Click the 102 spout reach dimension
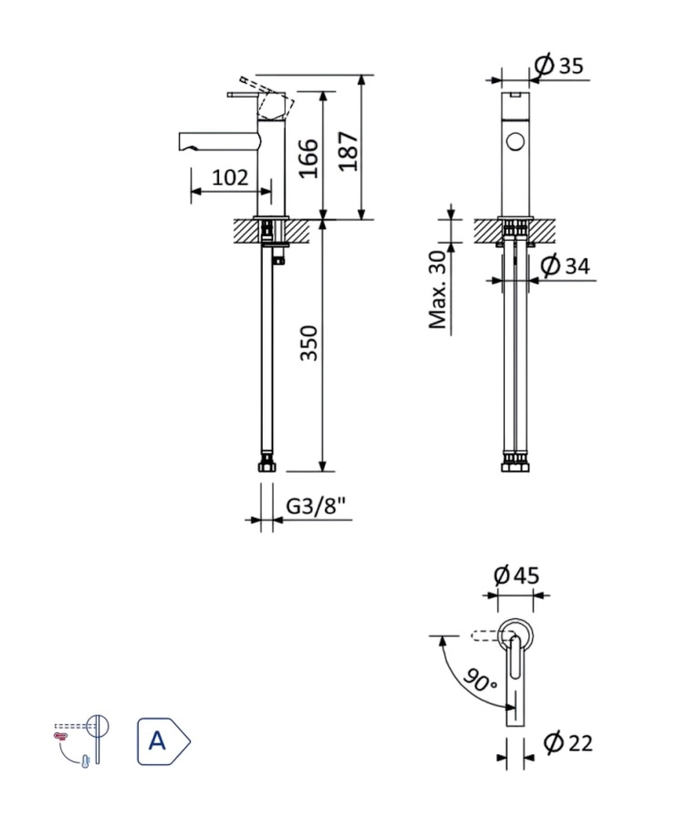(230, 177)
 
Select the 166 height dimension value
(308, 158)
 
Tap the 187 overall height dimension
(349, 150)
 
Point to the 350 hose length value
(310, 343)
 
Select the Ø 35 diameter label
(558, 66)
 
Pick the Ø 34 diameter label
(565, 266)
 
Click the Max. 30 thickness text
(439, 289)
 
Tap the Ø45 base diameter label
(516, 575)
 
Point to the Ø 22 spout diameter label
(568, 743)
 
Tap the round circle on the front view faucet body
(516, 143)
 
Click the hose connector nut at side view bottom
(266, 465)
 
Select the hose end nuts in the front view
(516, 463)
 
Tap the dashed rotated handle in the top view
(483, 634)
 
